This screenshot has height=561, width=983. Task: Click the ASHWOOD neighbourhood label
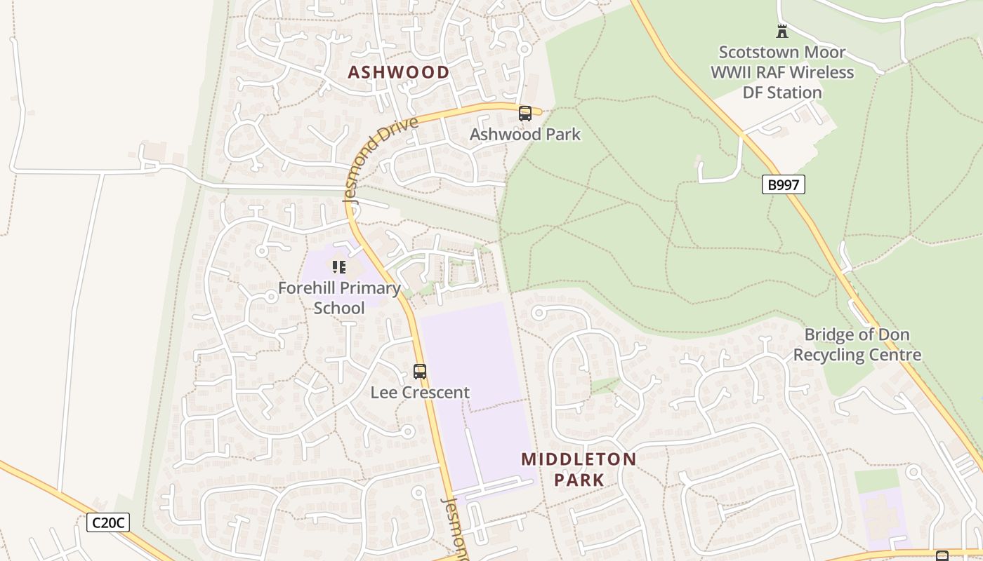(x=398, y=72)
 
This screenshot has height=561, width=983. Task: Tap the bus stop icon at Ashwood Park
(x=525, y=114)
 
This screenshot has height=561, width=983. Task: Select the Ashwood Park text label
(x=525, y=134)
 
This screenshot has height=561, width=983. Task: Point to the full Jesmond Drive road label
(x=381, y=159)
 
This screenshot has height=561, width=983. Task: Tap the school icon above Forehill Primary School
(x=339, y=267)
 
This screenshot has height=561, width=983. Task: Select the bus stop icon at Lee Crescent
(x=420, y=372)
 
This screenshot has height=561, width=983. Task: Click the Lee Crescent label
(x=420, y=392)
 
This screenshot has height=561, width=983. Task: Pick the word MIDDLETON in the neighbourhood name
(x=579, y=459)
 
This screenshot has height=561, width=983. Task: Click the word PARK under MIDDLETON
(x=579, y=480)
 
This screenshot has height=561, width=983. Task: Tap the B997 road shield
(x=783, y=185)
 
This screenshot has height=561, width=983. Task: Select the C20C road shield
(x=108, y=522)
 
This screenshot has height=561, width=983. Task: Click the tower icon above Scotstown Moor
(x=782, y=31)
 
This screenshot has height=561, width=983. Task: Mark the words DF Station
(x=782, y=93)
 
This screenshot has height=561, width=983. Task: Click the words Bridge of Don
(x=857, y=334)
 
